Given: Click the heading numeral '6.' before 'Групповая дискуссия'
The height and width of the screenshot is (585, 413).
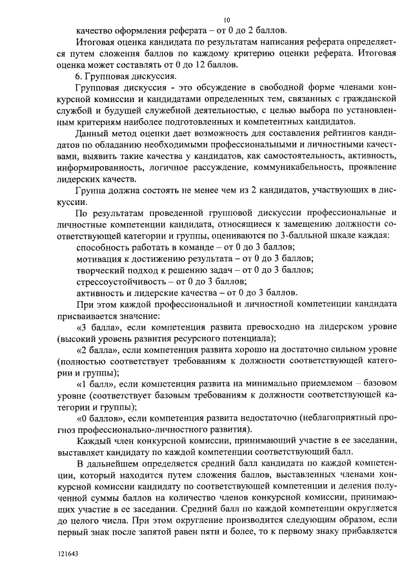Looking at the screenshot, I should pos(80,76).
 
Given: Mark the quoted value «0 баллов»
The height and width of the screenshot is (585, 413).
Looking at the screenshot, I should pos(99,419).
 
